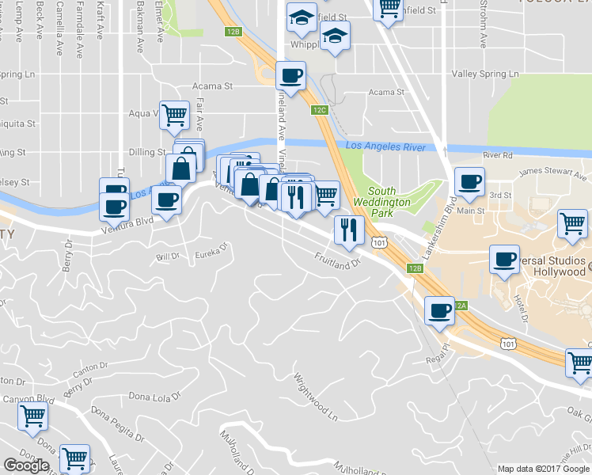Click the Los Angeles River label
coord(385,146)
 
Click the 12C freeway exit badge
coord(320,110)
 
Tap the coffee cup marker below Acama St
coord(290,76)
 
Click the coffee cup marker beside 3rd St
coord(469,181)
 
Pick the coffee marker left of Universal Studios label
coord(504,259)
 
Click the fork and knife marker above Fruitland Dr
coord(348,230)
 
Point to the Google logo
coord(26,465)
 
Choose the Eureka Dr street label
coord(211,255)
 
